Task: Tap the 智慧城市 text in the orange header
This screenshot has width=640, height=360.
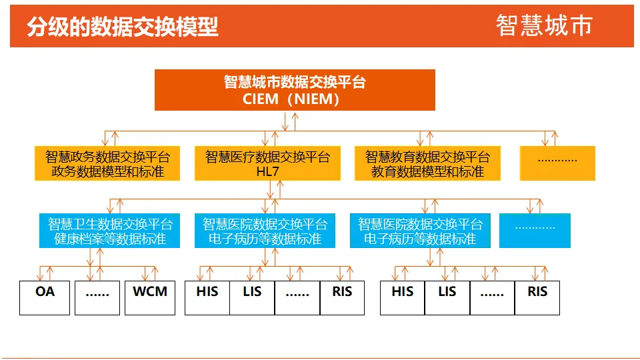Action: (543, 25)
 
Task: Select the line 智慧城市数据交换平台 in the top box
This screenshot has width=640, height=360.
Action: (295, 83)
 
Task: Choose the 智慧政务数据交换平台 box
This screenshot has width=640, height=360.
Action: (107, 163)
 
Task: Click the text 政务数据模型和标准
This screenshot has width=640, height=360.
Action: (107, 171)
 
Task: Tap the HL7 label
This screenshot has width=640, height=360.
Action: (267, 171)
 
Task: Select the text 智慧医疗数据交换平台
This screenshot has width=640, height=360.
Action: (267, 157)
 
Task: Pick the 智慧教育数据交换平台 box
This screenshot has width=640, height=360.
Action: (427, 163)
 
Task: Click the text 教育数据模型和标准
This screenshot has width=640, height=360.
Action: (427, 171)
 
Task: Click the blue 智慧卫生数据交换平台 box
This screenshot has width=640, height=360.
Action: (109, 231)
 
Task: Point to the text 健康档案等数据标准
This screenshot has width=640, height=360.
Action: (109, 239)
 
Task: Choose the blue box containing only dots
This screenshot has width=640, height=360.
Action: (535, 231)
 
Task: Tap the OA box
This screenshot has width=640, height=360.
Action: (45, 297)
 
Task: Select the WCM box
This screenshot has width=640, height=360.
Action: (150, 297)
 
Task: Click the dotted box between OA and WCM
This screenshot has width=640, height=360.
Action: (97, 297)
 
